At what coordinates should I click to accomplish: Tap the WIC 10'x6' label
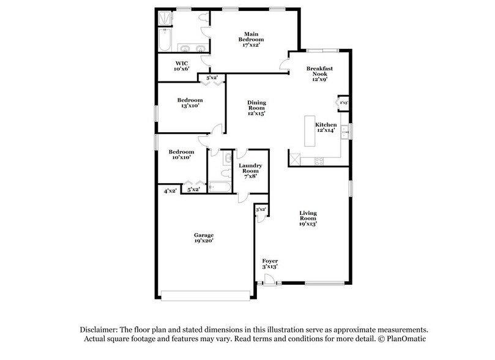point(181,66)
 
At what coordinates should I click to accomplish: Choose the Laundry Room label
point(250,170)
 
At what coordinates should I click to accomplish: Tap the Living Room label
point(308,219)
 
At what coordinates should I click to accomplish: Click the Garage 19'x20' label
point(204,238)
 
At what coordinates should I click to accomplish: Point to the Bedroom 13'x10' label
point(190,103)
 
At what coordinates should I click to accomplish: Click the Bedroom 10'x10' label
point(182,154)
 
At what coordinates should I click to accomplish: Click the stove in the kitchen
point(319,161)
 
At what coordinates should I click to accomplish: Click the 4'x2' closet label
point(169,191)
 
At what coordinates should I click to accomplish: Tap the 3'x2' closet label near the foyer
point(260,209)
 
